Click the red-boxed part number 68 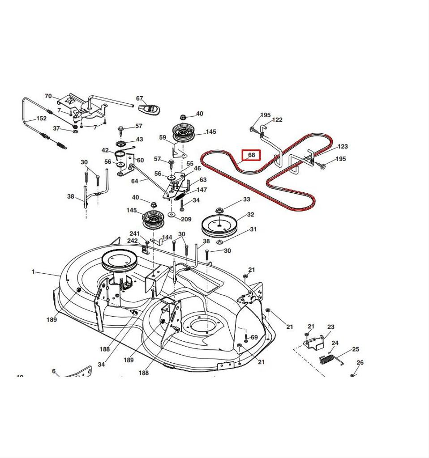pos(252,155)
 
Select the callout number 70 pos(48,96)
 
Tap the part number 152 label pos(41,119)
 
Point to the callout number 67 pos(139,98)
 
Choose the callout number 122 pos(277,119)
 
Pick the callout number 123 pos(343,146)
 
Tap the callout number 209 pos(186,219)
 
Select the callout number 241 pos(135,233)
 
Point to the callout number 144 pos(167,237)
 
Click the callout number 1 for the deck pos(33,271)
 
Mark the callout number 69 pos(254,337)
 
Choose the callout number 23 pos(330,327)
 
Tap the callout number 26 pos(360,363)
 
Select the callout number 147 pos(202,190)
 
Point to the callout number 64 pos(135,181)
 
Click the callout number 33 pos(246,199)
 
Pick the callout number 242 pos(132,241)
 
